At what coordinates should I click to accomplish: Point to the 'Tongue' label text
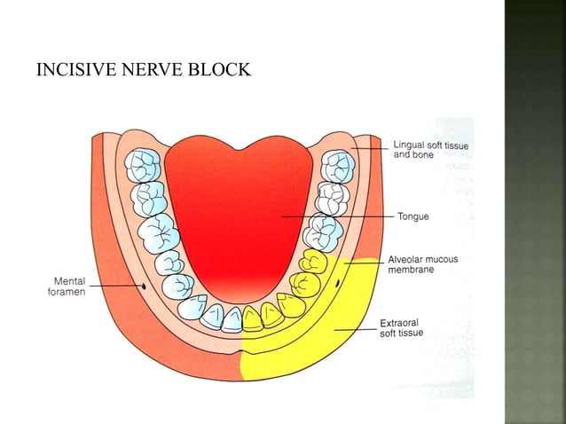(x=413, y=216)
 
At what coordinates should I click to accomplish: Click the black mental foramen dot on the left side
(x=144, y=287)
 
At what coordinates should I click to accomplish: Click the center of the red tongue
(x=244, y=217)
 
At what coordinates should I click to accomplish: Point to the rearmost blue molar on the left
(x=143, y=165)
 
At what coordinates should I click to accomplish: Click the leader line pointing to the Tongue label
(x=337, y=216)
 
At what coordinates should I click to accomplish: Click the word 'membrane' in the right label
(x=411, y=270)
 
